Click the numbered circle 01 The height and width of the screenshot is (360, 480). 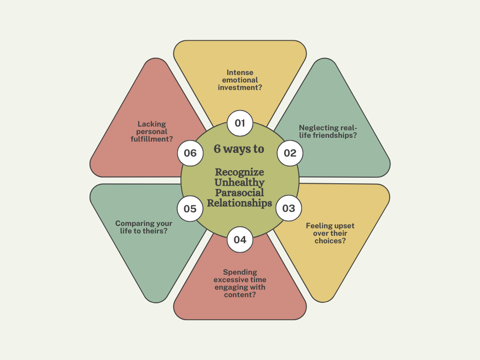tap(240, 123)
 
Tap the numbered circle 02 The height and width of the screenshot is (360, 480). tap(290, 153)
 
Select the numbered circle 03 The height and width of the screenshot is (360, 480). tap(289, 209)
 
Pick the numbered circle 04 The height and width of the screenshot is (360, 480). tap(240, 240)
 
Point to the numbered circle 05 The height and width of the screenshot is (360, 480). tap(190, 209)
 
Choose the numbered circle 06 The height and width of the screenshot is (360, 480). tap(190, 153)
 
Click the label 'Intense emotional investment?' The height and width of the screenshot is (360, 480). tap(240, 80)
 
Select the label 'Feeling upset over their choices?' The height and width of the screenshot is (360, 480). tap(330, 233)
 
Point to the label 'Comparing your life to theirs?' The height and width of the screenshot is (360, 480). tap(144, 227)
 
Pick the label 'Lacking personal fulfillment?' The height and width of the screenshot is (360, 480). tap(152, 131)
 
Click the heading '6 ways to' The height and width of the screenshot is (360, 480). tap(239, 149)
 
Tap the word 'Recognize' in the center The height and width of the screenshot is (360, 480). tap(240, 172)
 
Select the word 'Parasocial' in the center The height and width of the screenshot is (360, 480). tap(240, 193)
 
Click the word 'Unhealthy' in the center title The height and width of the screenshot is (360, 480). tap(240, 183)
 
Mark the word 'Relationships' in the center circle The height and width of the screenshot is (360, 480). tap(240, 203)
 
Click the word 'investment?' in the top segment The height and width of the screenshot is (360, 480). tap(240, 88)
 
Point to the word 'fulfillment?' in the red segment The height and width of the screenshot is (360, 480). tap(152, 139)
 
